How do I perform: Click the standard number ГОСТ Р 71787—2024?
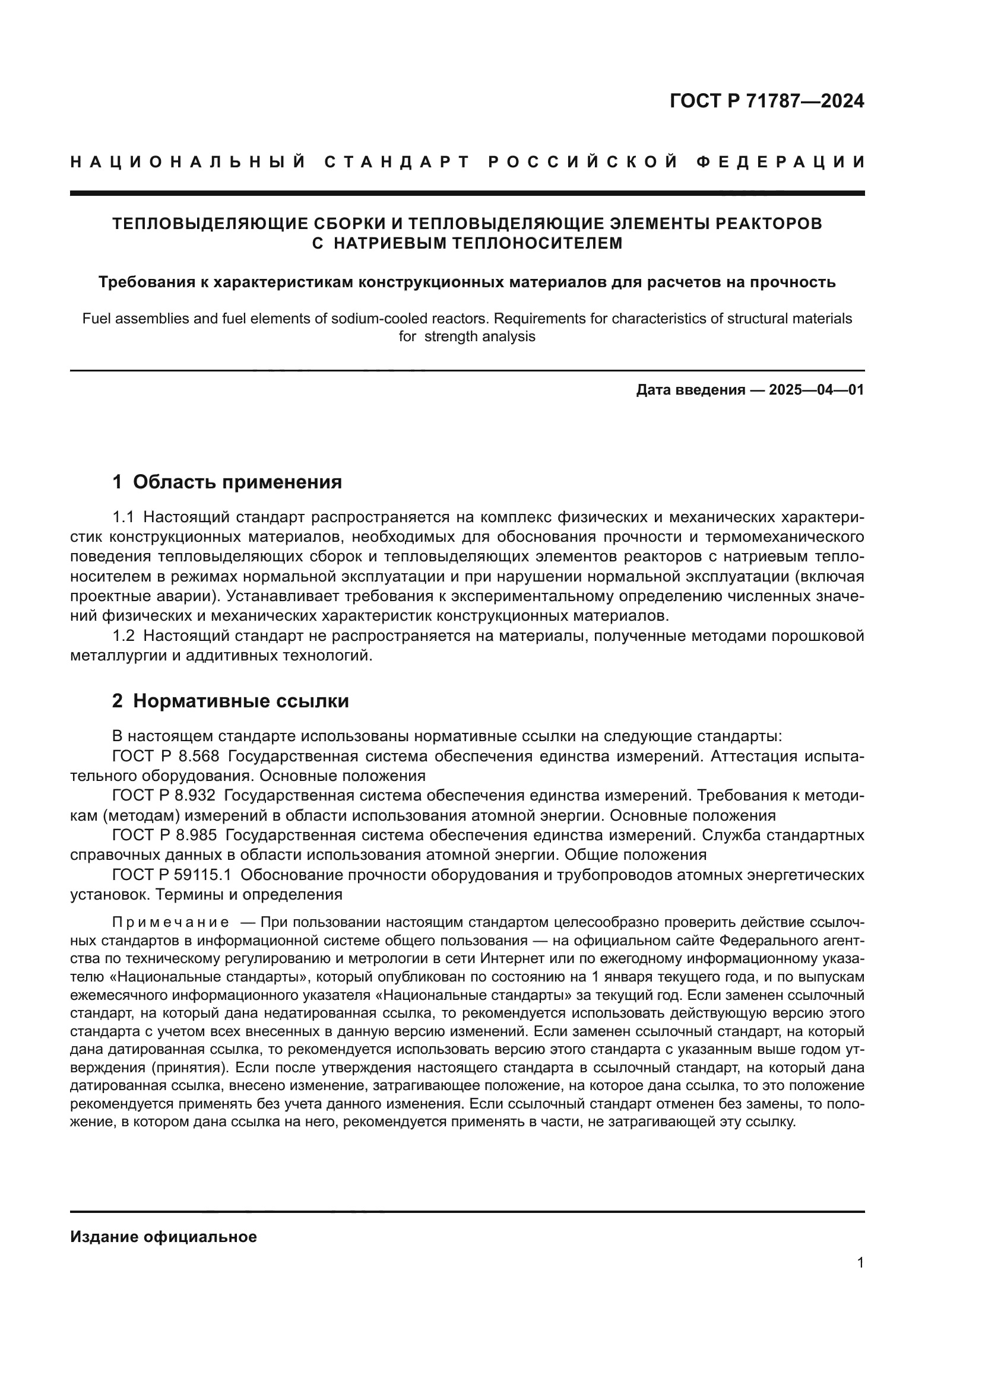click(x=766, y=101)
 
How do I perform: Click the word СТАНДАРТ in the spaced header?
click(x=397, y=162)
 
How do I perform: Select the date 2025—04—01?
click(x=816, y=390)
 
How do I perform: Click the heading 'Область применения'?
click(x=237, y=482)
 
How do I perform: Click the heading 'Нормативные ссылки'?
click(x=240, y=701)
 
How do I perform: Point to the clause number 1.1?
click(x=123, y=517)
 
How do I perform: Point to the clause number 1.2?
click(x=123, y=636)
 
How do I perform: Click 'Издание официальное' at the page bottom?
click(x=163, y=1236)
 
